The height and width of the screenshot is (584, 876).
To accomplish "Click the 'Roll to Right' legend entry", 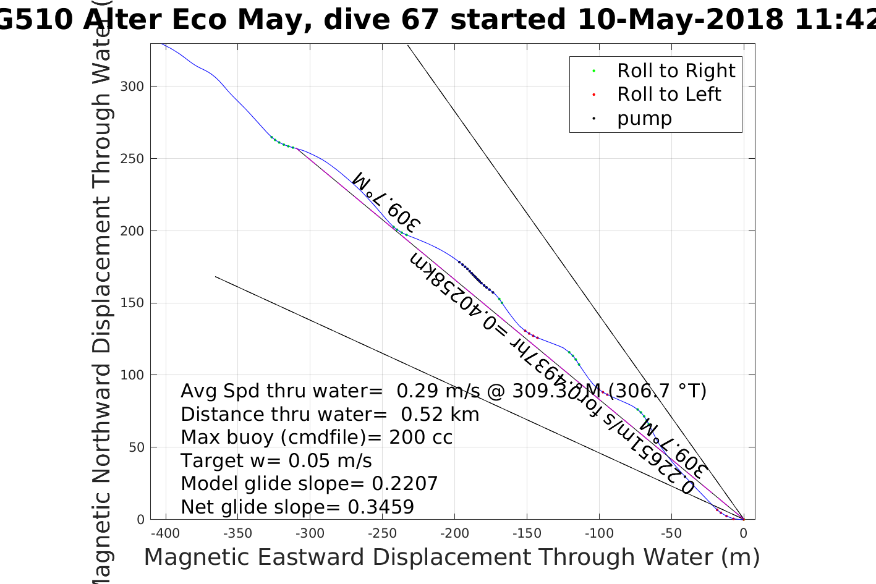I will tap(676, 71).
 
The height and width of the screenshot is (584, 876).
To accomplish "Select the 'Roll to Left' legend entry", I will tap(668, 95).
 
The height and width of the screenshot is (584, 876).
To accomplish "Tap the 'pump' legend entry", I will tap(644, 119).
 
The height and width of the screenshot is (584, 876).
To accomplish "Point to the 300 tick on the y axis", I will tap(132, 87).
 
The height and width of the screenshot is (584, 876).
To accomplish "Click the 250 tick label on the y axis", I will tap(132, 159).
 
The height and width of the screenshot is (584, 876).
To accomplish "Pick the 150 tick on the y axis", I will tap(132, 303).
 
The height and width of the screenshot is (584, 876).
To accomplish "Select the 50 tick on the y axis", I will tap(135, 447).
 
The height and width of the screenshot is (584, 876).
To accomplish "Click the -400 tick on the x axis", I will tap(165, 533).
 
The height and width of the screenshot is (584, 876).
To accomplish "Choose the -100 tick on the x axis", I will tap(598, 533).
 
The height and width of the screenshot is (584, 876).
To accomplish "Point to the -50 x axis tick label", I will tap(671, 533).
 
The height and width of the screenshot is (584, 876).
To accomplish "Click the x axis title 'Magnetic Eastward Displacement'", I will tap(451, 557).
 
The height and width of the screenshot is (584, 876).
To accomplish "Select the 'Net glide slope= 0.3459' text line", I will tap(297, 507).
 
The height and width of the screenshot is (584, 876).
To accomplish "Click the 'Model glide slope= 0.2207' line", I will tap(309, 484).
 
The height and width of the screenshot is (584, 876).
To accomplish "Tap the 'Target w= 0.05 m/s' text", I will tap(276, 461).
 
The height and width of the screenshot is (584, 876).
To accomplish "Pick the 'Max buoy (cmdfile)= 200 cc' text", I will tap(317, 438).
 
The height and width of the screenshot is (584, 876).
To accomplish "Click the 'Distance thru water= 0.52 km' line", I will tap(330, 415).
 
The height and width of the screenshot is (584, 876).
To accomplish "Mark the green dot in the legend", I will tap(594, 71).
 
